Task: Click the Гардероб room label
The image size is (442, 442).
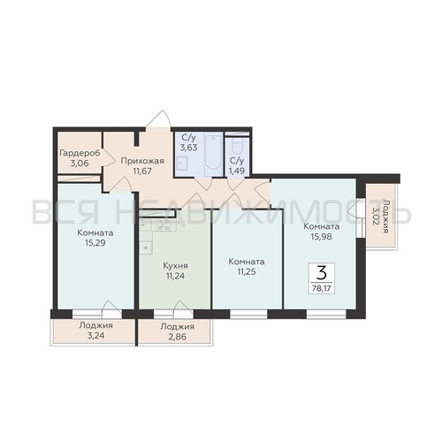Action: pyautogui.click(x=80, y=153)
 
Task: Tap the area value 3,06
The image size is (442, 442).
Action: pyautogui.click(x=80, y=163)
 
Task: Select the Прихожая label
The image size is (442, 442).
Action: pyautogui.click(x=142, y=161)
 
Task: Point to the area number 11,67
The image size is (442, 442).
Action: pyautogui.click(x=142, y=171)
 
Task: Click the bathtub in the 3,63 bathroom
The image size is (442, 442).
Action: pyautogui.click(x=212, y=155)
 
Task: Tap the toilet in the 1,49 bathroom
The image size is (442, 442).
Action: pyautogui.click(x=237, y=146)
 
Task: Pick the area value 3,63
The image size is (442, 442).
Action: pyautogui.click(x=189, y=147)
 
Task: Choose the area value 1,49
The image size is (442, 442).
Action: pyautogui.click(x=237, y=171)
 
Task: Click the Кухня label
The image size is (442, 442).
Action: pyautogui.click(x=175, y=266)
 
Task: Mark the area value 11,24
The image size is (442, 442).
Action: pyautogui.click(x=175, y=276)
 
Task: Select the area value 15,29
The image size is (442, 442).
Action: pyautogui.click(x=95, y=243)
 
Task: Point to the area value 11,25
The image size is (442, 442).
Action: pyautogui.click(x=247, y=271)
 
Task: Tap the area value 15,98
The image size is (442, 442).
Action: pyautogui.click(x=321, y=237)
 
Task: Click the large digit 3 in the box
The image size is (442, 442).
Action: pyautogui.click(x=322, y=273)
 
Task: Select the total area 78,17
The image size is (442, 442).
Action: pyautogui.click(x=322, y=288)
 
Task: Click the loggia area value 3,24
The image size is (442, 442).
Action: pyautogui.click(x=95, y=336)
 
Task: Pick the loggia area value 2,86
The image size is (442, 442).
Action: pyautogui.click(x=178, y=337)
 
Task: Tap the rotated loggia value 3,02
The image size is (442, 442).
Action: pyautogui.click(x=375, y=216)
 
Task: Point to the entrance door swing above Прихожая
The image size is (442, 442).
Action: pyautogui.click(x=159, y=118)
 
